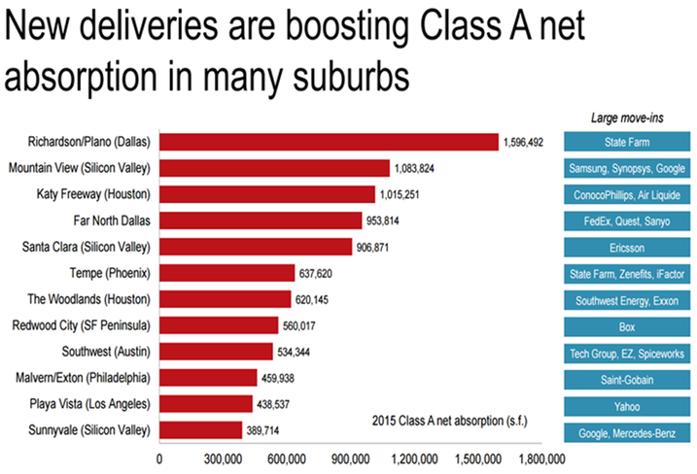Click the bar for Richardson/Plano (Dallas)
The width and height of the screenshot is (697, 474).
pyautogui.click(x=329, y=142)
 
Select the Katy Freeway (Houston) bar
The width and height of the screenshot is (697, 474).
pyautogui.click(x=266, y=194)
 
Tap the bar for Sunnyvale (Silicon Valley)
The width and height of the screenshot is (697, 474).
pyautogui.click(x=200, y=429)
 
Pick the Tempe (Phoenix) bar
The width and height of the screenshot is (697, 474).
pyautogui.click(x=227, y=273)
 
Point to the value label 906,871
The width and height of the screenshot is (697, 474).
pyautogui.click(x=378, y=247)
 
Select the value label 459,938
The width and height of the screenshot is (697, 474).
pyautogui.click(x=285, y=377)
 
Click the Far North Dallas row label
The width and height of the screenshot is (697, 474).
pyautogui.click(x=106, y=220)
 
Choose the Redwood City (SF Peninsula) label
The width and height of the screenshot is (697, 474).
pyautogui.click(x=82, y=324)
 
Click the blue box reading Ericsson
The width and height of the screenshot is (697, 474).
pyautogui.click(x=627, y=247)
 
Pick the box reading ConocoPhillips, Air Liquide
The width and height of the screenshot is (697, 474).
pyautogui.click(x=627, y=194)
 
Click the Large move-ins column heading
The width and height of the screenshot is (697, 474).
pyautogui.click(x=627, y=118)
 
